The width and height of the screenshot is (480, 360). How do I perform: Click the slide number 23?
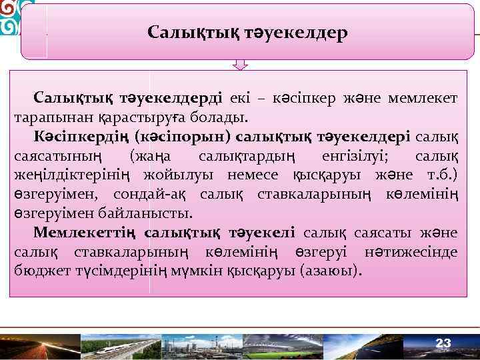[443, 343]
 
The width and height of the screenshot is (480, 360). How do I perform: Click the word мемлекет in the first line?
[425, 99]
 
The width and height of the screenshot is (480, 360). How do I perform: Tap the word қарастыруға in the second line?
[138, 118]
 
